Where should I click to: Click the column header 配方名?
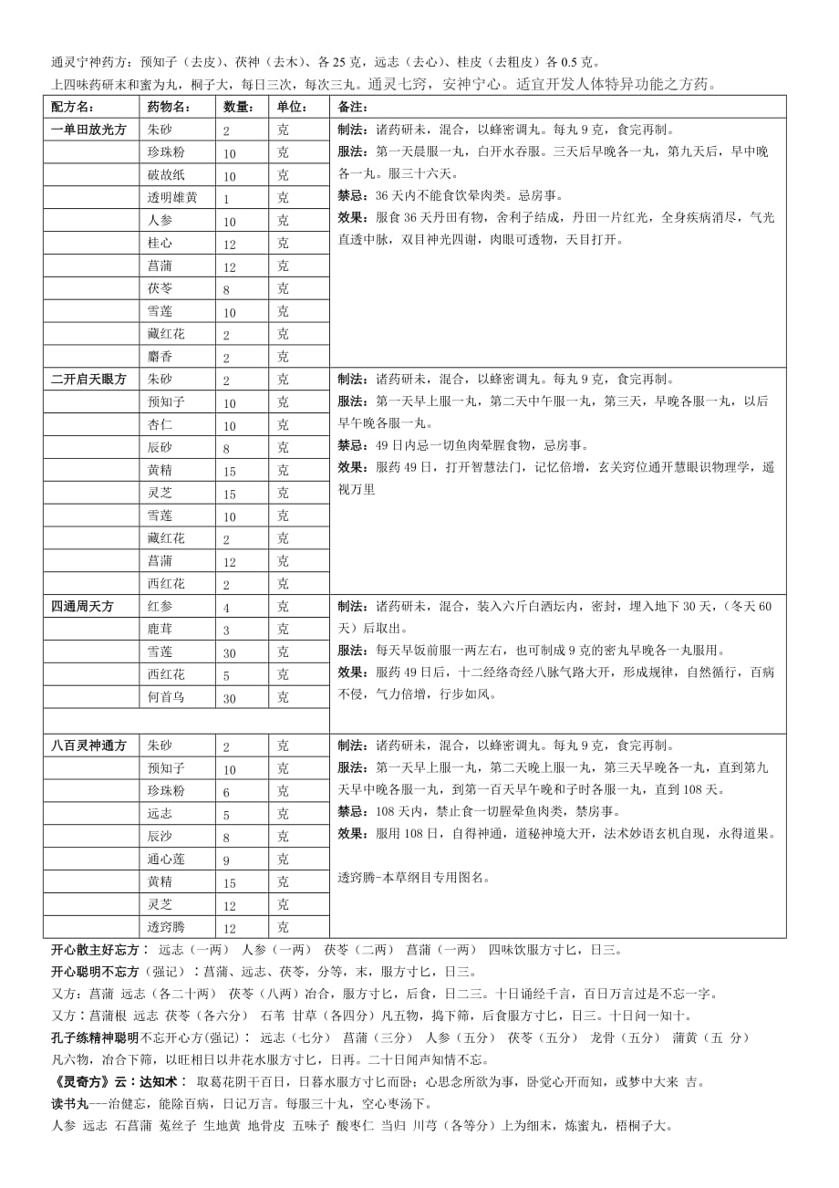click(74, 107)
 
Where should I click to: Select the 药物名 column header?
click(169, 107)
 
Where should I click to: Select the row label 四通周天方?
click(83, 606)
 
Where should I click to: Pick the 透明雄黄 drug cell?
click(172, 198)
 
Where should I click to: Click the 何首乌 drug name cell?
click(166, 697)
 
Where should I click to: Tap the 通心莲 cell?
click(166, 859)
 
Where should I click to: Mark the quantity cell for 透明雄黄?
click(226, 198)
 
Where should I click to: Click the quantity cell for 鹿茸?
click(226, 630)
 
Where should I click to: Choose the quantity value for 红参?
click(226, 607)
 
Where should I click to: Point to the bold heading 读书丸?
click(67, 1104)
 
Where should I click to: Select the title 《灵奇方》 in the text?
click(78, 1082)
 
